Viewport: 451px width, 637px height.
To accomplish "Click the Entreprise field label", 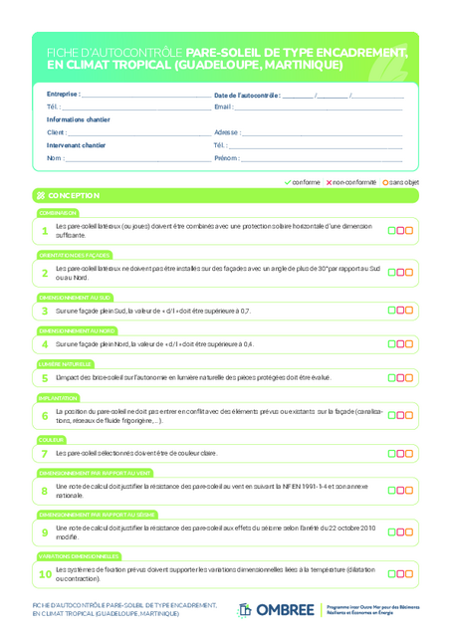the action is click(63, 95).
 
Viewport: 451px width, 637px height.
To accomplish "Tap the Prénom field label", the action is click(226, 158).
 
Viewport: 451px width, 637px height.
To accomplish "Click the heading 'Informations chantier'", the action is click(79, 119).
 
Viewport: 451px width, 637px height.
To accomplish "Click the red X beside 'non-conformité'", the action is click(330, 182).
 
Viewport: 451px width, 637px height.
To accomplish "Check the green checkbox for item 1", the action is click(391, 231).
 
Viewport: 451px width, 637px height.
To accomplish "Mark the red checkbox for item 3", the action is click(399, 311).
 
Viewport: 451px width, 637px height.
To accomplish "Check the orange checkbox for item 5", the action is click(408, 378).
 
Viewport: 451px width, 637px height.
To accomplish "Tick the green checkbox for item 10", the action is click(391, 573).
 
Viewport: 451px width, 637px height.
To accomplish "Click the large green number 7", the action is click(44, 453).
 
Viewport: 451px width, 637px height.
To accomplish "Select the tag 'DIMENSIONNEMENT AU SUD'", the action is click(75, 297).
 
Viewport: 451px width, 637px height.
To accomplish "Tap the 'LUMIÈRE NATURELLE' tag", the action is click(65, 364).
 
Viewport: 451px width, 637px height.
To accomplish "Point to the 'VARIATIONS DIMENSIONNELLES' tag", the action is click(80, 556).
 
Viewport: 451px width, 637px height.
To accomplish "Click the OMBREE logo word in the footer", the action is click(285, 609).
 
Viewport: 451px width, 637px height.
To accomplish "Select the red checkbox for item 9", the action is click(399, 531).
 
